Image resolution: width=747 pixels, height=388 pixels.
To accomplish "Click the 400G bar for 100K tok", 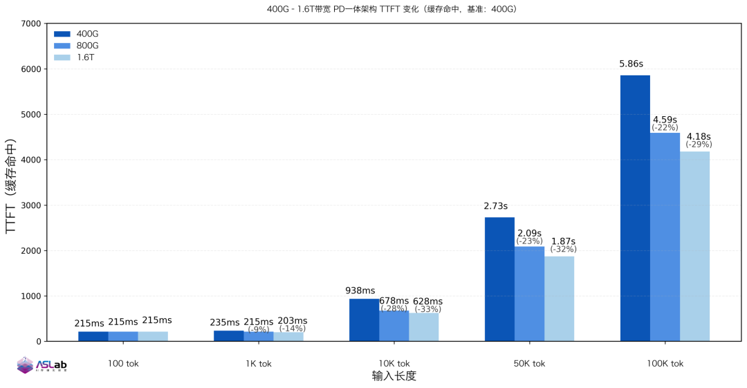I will click(635, 207).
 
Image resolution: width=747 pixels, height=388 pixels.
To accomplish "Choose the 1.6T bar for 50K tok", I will click(559, 298).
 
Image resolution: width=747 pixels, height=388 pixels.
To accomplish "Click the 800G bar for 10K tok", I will click(394, 326).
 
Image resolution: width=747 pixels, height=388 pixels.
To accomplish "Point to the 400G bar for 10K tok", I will click(364, 320).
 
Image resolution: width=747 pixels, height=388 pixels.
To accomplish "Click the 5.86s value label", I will click(631, 64).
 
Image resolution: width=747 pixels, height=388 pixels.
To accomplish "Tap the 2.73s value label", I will click(495, 206).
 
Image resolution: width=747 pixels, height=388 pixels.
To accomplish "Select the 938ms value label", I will click(360, 291).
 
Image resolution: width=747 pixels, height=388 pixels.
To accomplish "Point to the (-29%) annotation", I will click(699, 145).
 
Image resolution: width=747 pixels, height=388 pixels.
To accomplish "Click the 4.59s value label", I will click(665, 120).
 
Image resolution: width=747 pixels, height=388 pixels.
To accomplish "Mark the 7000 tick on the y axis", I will click(30, 24).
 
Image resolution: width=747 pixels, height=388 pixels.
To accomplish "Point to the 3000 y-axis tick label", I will click(30, 205).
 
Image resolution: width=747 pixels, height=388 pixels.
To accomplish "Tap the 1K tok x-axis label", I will click(258, 363).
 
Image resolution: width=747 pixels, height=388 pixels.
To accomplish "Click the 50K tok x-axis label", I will click(529, 363).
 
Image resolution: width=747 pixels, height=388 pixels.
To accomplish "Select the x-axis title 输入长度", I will click(394, 376).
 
